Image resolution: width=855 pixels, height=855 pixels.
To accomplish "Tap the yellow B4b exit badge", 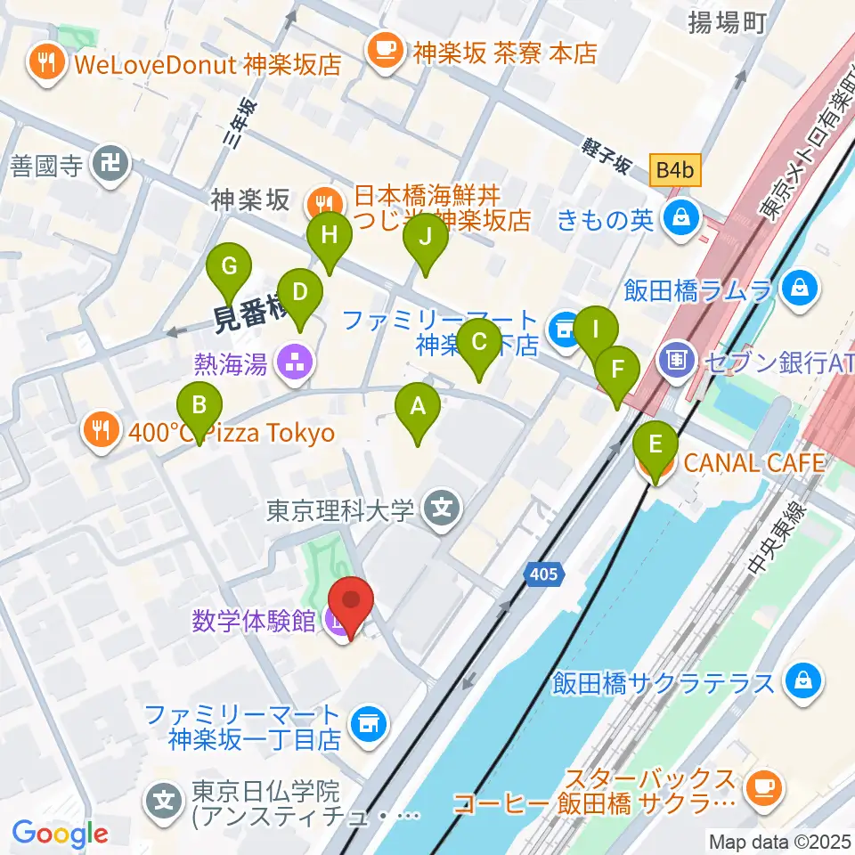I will click(675, 168).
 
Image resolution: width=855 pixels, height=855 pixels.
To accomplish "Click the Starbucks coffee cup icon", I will click(762, 785).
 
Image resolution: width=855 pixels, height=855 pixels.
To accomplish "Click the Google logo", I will click(60, 835).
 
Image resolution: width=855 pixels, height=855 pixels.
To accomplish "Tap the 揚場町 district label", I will click(727, 23).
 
